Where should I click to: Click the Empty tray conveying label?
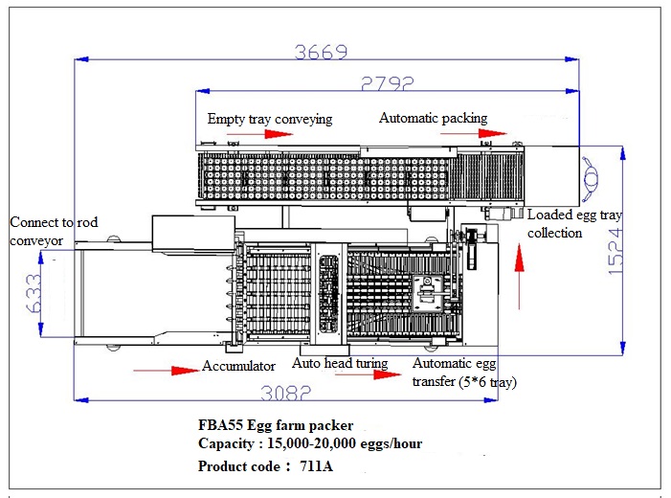click(x=270, y=119)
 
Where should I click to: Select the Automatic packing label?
click(x=433, y=119)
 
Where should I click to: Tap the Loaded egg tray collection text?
click(x=573, y=224)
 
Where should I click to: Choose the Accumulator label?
click(x=238, y=366)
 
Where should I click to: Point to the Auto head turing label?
click(x=340, y=364)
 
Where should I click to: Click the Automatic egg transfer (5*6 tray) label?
click(x=464, y=373)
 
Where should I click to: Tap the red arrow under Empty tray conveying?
click(x=279, y=134)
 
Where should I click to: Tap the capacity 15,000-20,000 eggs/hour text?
click(x=310, y=444)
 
